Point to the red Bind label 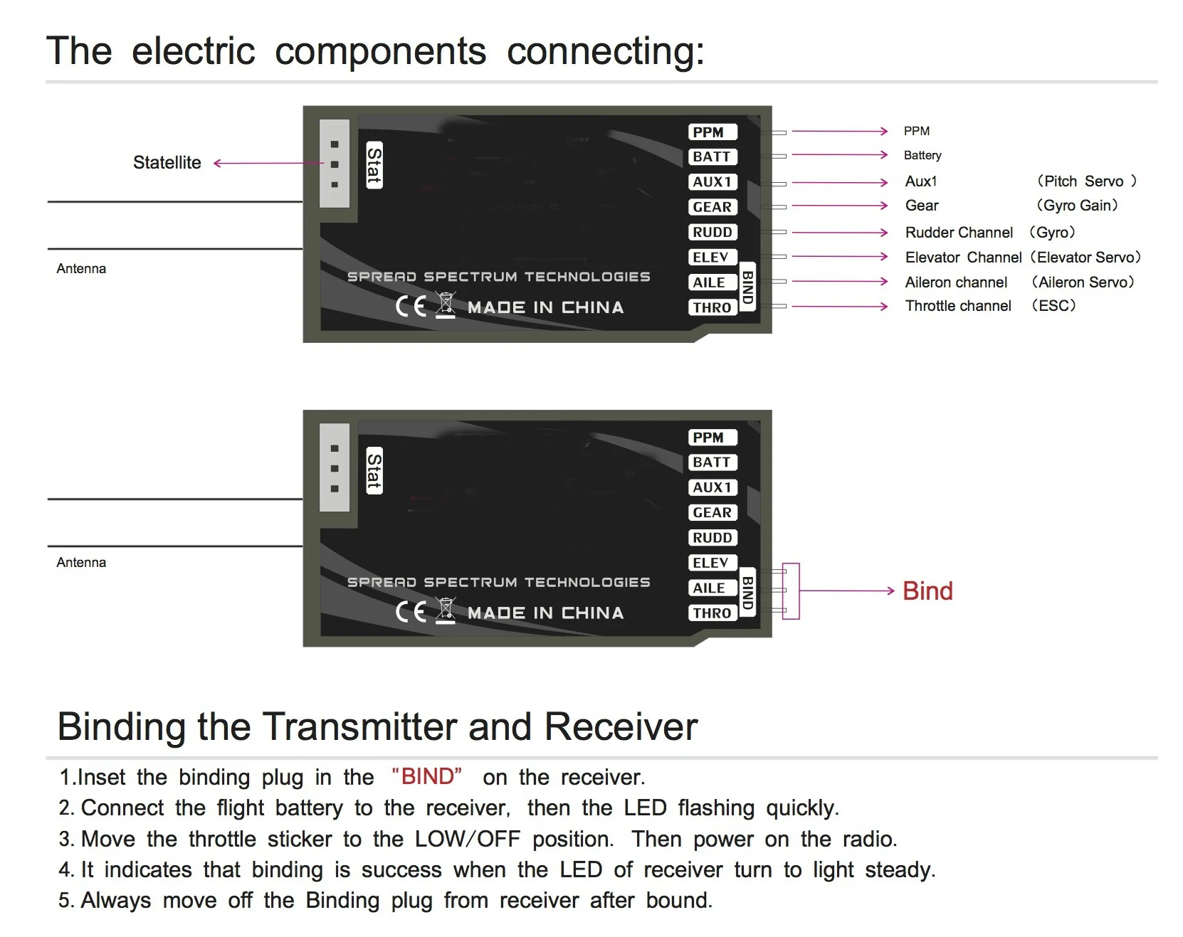point(927,591)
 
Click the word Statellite point(167,163)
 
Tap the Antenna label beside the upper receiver point(81,269)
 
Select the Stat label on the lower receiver point(374,470)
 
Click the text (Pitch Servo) point(1086,181)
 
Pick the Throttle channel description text point(958,306)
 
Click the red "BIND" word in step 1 point(426,776)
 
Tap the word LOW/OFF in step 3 point(468,839)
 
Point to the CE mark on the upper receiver point(411,307)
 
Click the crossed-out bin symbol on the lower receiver point(446,610)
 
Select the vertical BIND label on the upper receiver point(747,287)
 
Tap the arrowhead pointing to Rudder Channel point(884,233)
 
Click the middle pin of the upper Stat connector point(335,164)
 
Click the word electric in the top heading point(193,51)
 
